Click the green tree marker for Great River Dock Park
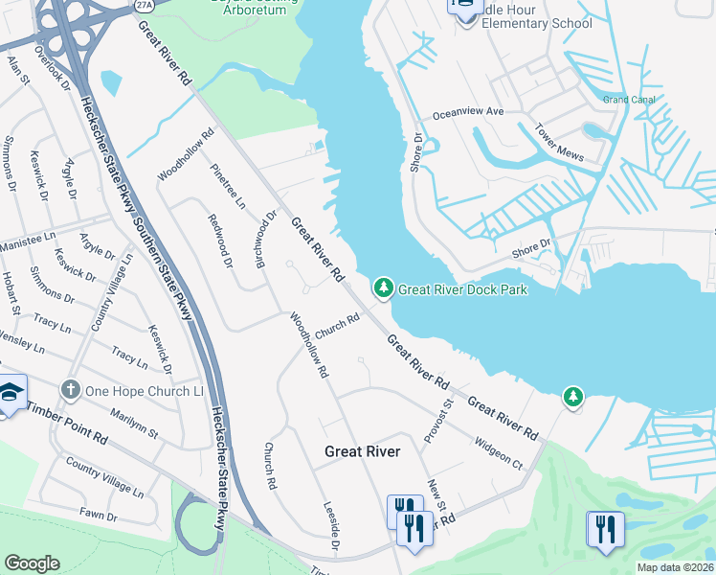point(383,287)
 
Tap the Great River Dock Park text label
point(462,288)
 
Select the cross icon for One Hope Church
point(69,390)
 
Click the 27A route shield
point(144,5)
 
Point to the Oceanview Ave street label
point(468,112)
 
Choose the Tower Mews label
point(558,139)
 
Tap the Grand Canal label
point(628,100)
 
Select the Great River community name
point(362,450)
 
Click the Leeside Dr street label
point(331,526)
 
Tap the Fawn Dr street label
point(99,516)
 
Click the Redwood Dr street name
point(220,235)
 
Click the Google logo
point(32,563)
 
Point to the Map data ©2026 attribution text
point(674,567)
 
